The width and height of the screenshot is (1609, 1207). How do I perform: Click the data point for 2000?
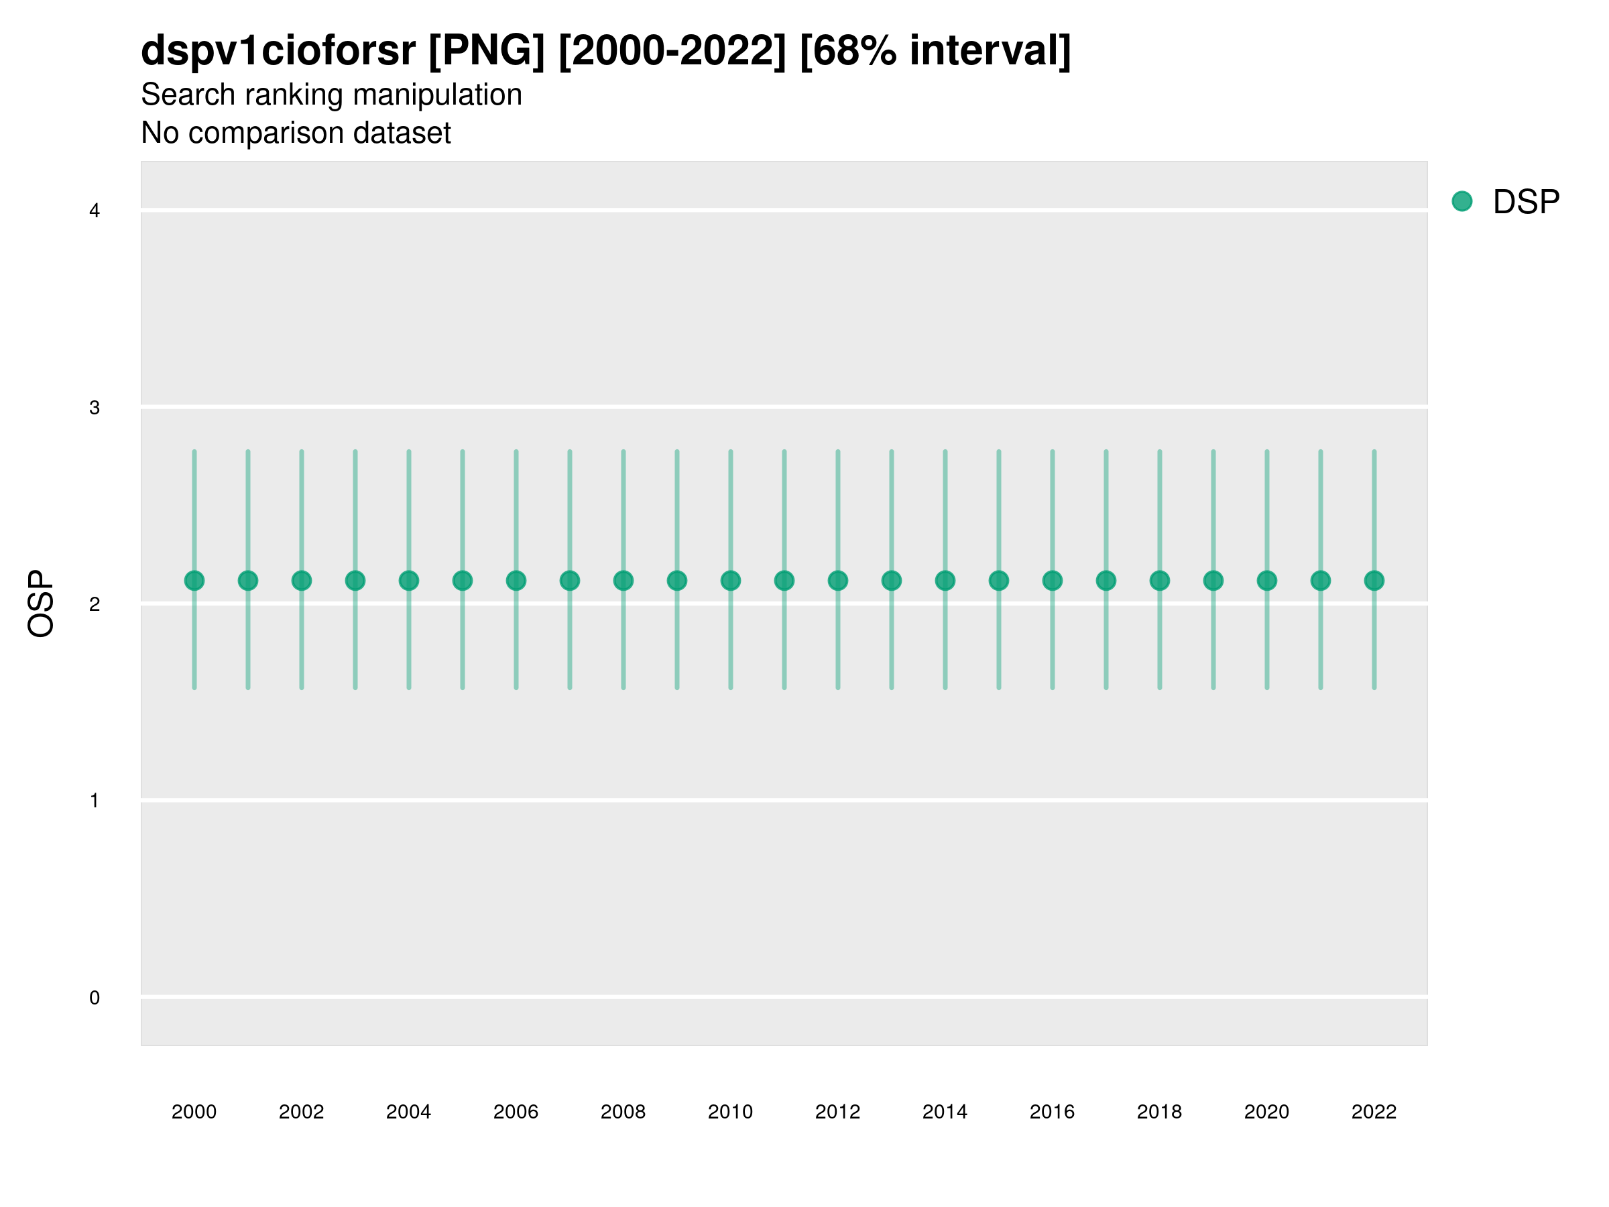point(194,581)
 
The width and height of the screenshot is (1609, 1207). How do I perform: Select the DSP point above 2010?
point(730,581)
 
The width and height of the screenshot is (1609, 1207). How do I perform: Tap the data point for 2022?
point(1374,581)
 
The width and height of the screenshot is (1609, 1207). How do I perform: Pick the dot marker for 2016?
point(1053,581)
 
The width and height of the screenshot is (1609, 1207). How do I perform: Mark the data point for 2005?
point(463,581)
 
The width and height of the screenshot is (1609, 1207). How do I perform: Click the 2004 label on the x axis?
point(408,1112)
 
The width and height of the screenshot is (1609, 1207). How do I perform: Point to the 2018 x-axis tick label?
point(1159,1112)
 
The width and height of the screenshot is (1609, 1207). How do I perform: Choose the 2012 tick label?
point(837,1112)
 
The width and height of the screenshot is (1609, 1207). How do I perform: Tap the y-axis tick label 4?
point(95,211)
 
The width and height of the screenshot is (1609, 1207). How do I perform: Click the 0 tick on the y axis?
point(95,998)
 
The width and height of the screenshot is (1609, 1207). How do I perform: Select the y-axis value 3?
point(95,408)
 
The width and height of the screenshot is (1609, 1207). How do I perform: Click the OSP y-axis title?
point(41,604)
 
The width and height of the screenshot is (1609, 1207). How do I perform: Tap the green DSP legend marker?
point(1462,202)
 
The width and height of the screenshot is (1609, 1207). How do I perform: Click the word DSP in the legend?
point(1526,203)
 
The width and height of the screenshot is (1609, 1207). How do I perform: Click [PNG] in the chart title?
point(487,50)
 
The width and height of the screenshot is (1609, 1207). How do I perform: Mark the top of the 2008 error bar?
point(623,451)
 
